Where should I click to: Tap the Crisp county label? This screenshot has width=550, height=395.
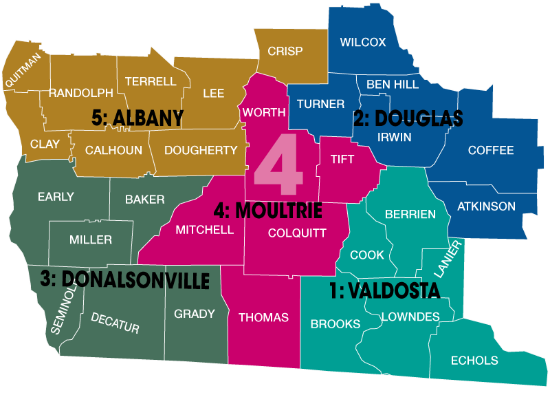tap(285, 52)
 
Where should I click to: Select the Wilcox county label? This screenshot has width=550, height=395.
tap(362, 43)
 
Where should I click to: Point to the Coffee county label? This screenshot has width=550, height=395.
tap(490, 151)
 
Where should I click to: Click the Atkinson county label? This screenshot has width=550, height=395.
tap(486, 206)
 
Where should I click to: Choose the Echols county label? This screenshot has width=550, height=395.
tap(474, 361)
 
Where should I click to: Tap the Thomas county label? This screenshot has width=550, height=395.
tap(263, 318)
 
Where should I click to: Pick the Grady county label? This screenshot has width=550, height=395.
tap(195, 314)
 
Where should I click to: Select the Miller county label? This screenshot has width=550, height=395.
tap(90, 240)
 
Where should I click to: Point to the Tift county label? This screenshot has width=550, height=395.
tap(342, 160)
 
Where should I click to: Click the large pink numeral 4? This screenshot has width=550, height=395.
tap(278, 166)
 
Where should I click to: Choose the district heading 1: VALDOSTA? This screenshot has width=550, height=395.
tap(384, 292)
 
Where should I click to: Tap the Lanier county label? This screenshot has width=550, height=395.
tap(448, 258)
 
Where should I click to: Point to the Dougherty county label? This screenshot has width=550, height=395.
tap(201, 151)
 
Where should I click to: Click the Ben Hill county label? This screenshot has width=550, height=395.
tap(392, 85)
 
